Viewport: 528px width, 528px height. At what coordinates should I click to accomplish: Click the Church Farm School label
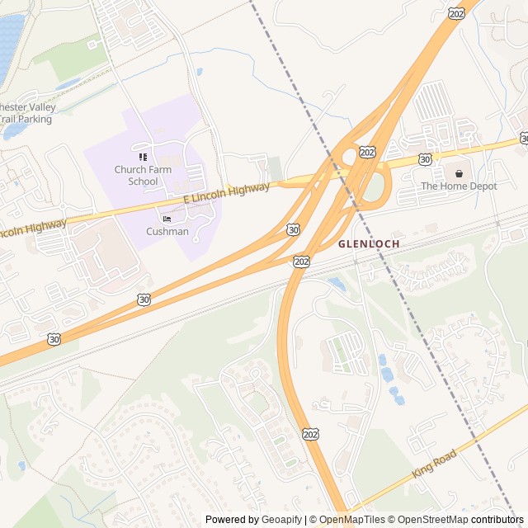pyautogui.click(x=136, y=176)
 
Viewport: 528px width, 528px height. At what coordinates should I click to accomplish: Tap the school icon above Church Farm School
pyautogui.click(x=143, y=157)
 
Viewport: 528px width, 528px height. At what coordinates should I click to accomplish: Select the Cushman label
pyautogui.click(x=167, y=232)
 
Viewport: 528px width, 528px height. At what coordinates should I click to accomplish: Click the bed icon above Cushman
pyautogui.click(x=167, y=219)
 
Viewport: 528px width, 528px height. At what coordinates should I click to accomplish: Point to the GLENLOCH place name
pyautogui.click(x=368, y=244)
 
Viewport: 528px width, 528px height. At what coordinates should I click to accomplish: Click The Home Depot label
pyautogui.click(x=459, y=186)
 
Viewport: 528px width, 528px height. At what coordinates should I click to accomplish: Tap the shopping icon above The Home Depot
pyautogui.click(x=459, y=173)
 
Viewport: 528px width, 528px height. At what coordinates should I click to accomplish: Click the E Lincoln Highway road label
pyautogui.click(x=226, y=194)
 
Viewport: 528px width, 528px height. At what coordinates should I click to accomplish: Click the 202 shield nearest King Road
pyautogui.click(x=310, y=434)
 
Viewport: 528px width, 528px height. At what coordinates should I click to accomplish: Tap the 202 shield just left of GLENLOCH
pyautogui.click(x=301, y=261)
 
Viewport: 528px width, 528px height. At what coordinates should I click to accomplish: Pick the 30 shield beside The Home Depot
pyautogui.click(x=424, y=158)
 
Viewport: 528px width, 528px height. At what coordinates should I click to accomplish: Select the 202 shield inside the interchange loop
pyautogui.click(x=368, y=153)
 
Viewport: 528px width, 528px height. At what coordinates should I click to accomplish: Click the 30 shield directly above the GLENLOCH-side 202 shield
pyautogui.click(x=294, y=229)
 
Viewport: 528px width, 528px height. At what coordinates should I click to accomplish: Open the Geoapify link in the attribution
pyautogui.click(x=281, y=520)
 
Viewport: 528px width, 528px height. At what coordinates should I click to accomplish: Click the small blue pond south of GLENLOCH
pyautogui.click(x=336, y=283)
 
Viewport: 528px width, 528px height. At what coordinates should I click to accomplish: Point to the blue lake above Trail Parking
pyautogui.click(x=10, y=41)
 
